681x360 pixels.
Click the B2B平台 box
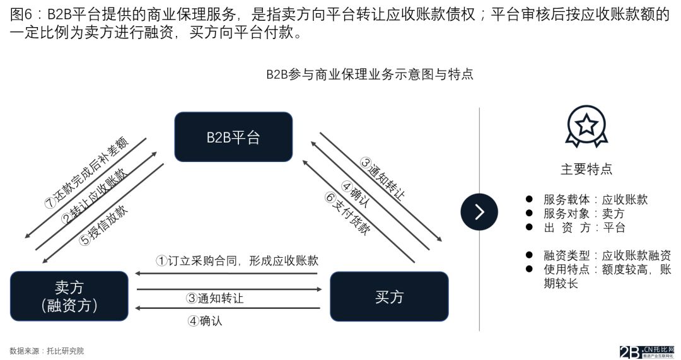click(x=233, y=137)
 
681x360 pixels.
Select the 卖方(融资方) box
click(x=69, y=296)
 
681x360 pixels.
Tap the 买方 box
click(x=389, y=296)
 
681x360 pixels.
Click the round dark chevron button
click(x=479, y=211)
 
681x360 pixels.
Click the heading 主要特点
click(x=586, y=169)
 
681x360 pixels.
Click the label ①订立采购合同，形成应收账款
click(x=237, y=260)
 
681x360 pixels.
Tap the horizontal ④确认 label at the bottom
click(x=205, y=320)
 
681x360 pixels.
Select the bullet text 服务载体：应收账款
click(x=595, y=199)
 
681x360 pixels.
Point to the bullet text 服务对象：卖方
click(x=584, y=213)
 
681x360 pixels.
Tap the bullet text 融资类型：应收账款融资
click(x=607, y=255)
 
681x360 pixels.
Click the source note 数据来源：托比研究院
click(x=47, y=351)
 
